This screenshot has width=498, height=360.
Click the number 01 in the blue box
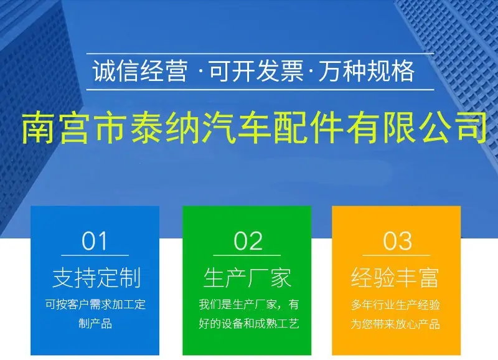click(95, 241)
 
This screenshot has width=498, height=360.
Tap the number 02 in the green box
click(248, 241)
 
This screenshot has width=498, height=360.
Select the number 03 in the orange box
click(397, 241)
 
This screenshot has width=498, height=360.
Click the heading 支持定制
click(96, 278)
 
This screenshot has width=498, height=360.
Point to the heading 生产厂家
click(247, 278)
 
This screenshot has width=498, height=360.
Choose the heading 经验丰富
click(395, 278)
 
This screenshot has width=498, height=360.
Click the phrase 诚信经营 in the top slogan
click(139, 71)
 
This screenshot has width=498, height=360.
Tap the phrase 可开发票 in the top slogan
click(256, 71)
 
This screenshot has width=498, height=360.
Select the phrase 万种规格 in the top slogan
click(367, 71)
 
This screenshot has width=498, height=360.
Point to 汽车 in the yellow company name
click(237, 127)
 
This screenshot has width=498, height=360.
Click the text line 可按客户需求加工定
click(95, 305)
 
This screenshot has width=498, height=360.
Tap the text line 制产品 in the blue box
click(95, 324)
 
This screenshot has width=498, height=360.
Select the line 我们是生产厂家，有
click(248, 305)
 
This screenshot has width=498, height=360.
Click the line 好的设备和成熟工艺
click(248, 324)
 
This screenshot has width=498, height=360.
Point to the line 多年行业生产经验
click(395, 305)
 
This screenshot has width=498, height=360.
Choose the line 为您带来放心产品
click(395, 324)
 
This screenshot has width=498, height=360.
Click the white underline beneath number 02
click(247, 255)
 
